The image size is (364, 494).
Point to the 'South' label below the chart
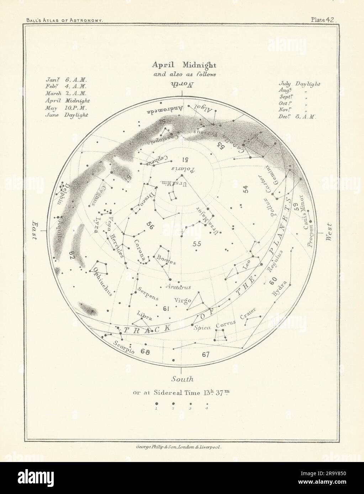click(x=182, y=379)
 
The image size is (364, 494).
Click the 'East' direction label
click(x=36, y=230)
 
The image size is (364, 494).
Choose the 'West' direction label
click(x=329, y=232)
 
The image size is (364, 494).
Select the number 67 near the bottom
click(x=206, y=354)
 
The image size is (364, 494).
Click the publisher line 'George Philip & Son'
click(x=182, y=449)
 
